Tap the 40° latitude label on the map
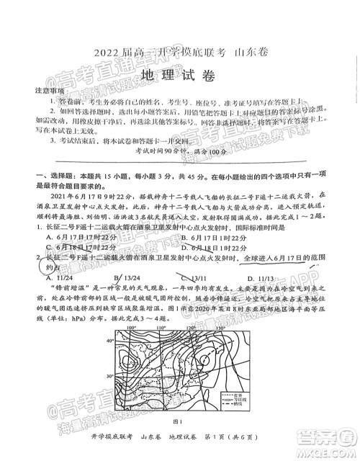111,341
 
